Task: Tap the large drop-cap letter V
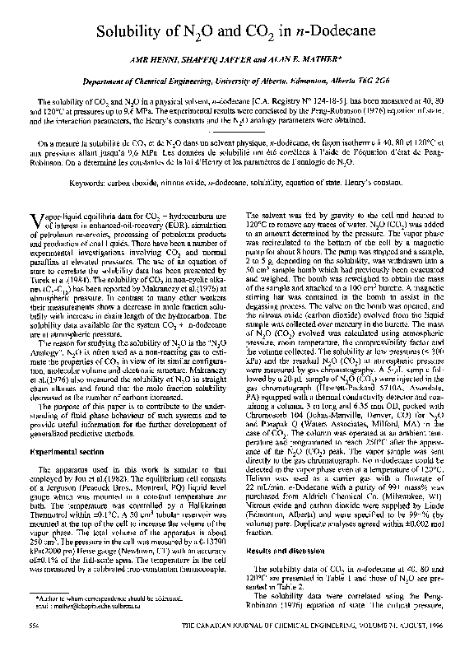tap(35, 219)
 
